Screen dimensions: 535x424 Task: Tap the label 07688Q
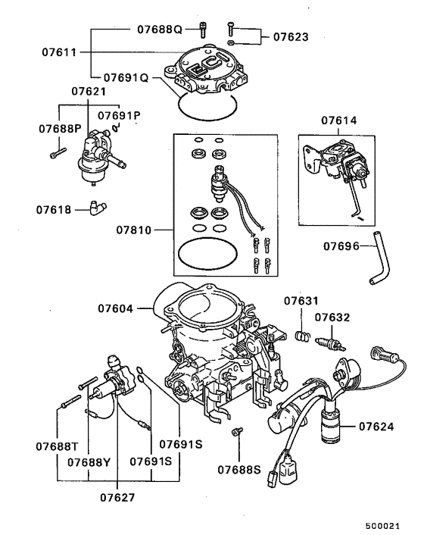tap(159, 30)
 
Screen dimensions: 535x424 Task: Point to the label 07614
tap(338, 120)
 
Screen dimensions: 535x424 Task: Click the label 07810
tap(136, 228)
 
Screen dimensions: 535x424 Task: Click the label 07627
tap(118, 497)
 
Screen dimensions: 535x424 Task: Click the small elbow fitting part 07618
tap(96, 205)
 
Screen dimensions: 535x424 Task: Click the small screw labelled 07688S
tap(235, 432)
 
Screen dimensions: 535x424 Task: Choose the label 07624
tap(374, 427)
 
